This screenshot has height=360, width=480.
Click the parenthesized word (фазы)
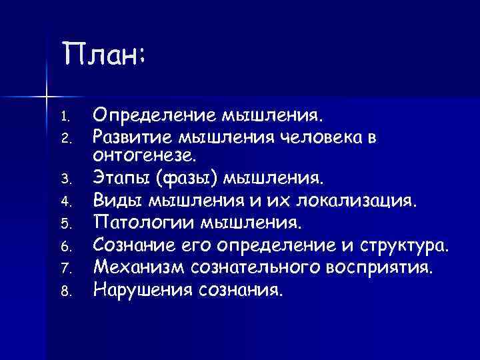click(183, 178)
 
